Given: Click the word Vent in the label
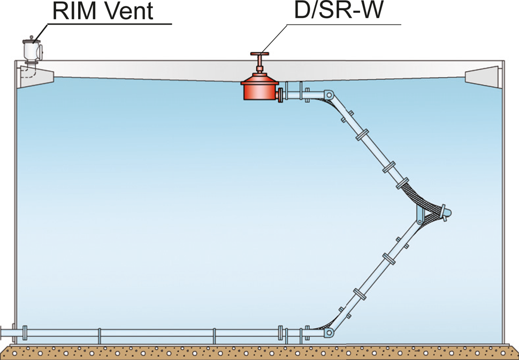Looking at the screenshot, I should click(x=131, y=11).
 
